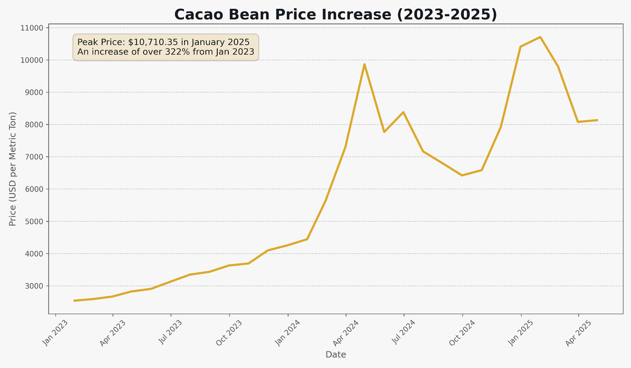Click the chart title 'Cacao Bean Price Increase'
click(335, 15)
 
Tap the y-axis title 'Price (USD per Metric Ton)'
click(13, 169)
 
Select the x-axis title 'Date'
click(335, 355)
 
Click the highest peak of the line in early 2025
click(540, 37)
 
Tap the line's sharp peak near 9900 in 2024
click(365, 64)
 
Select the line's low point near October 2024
click(462, 175)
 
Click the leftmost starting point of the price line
click(74, 301)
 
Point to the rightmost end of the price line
click(597, 120)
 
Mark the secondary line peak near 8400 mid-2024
click(403, 112)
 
